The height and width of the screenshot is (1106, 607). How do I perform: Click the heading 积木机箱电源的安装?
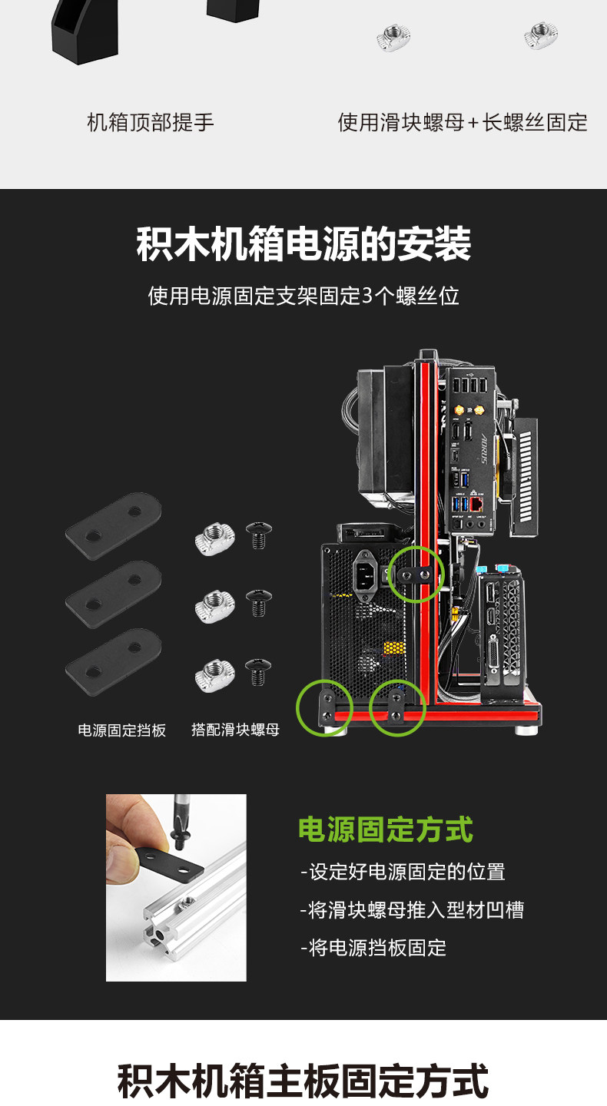pyautogui.click(x=303, y=244)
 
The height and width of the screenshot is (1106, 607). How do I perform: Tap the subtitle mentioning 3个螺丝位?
pyautogui.click(x=303, y=296)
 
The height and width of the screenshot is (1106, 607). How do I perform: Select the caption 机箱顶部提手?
pyautogui.click(x=151, y=122)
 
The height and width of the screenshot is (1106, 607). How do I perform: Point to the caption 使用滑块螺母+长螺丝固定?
pyautogui.click(x=463, y=122)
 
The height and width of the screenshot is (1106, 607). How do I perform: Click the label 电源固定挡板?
pyautogui.click(x=121, y=730)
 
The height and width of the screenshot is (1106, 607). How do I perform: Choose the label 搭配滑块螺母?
pyautogui.click(x=235, y=730)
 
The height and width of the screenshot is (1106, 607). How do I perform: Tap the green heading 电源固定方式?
pyautogui.click(x=386, y=829)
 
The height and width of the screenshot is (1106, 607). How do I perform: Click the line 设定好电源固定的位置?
pyautogui.click(x=403, y=872)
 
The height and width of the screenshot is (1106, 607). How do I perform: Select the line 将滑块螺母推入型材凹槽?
pyautogui.click(x=412, y=910)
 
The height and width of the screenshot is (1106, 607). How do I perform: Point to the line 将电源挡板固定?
pyautogui.click(x=373, y=948)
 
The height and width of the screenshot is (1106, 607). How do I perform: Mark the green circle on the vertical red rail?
pyautogui.click(x=416, y=574)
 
